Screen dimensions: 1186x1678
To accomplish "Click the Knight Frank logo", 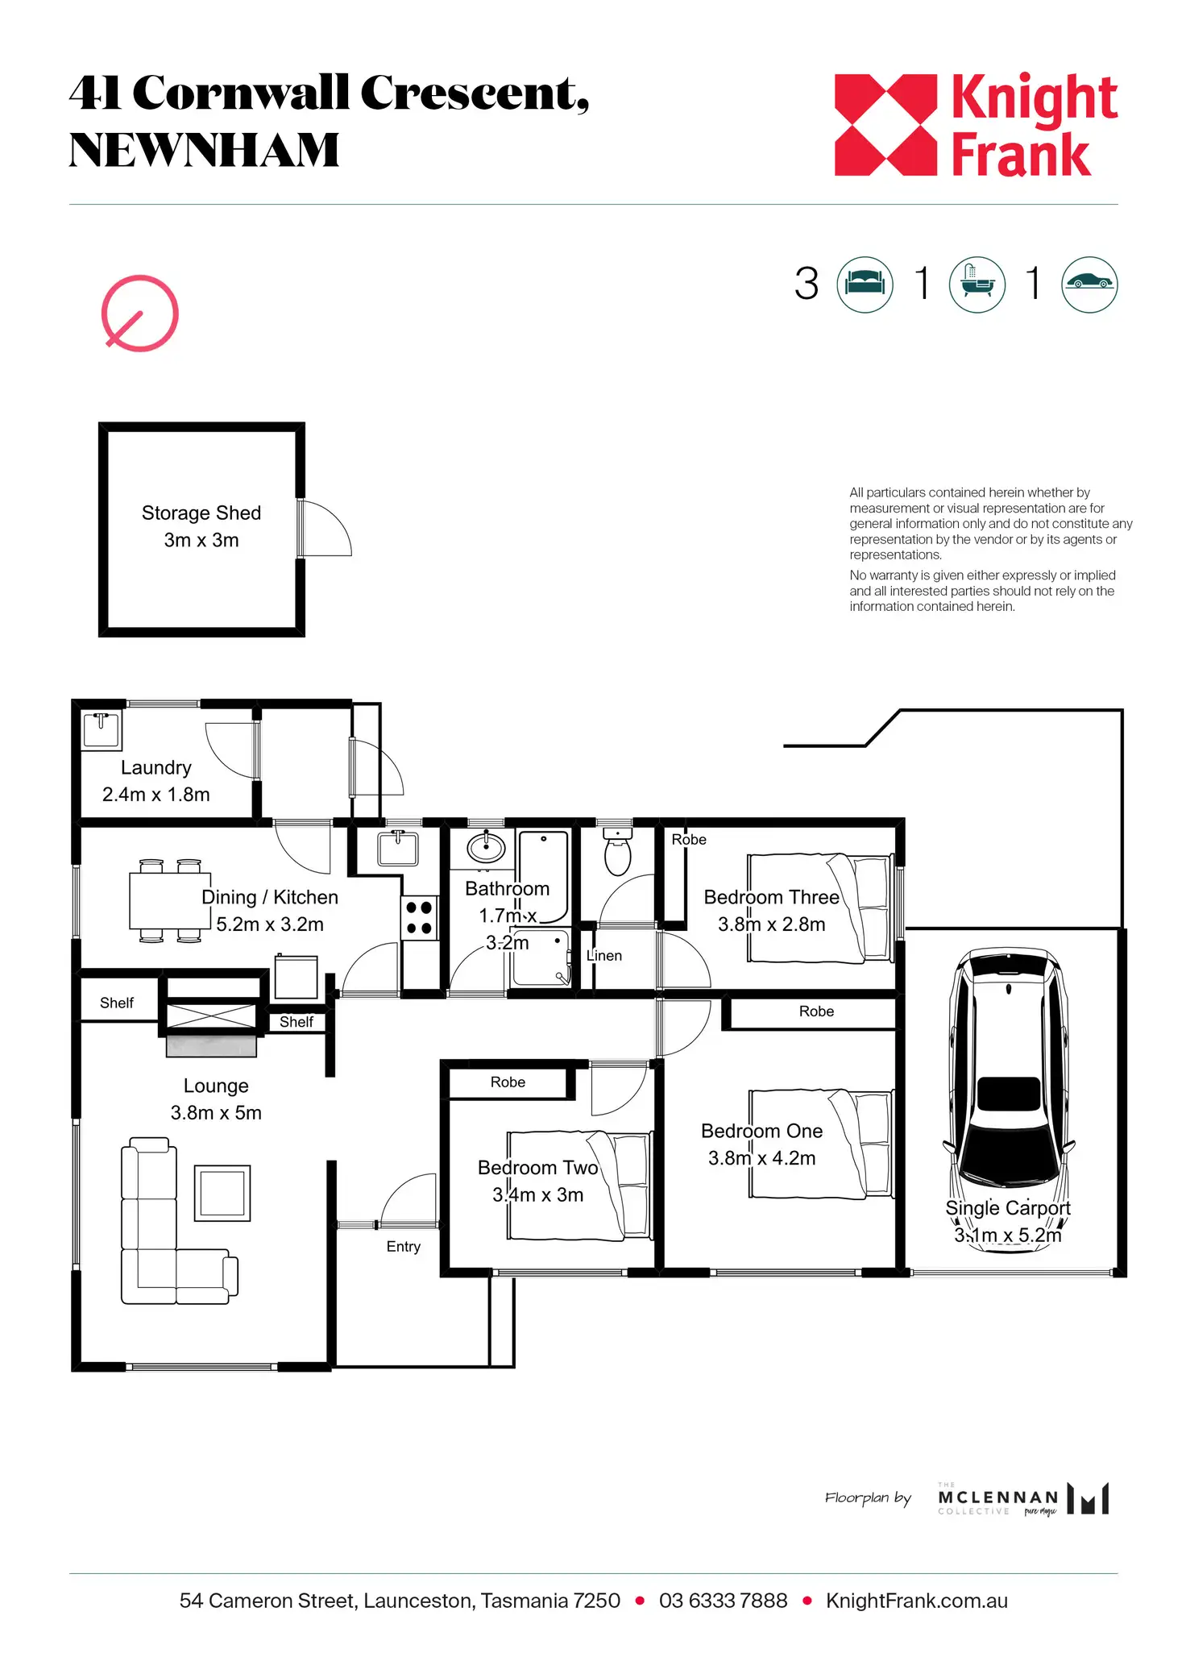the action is (976, 125).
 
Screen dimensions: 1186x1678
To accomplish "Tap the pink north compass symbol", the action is (139, 314).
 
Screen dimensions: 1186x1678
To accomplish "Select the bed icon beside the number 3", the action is (865, 285).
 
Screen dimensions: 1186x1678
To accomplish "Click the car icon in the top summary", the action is (1089, 285).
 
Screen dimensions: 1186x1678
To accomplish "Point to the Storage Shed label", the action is (201, 513).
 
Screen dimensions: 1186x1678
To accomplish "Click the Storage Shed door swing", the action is (326, 528).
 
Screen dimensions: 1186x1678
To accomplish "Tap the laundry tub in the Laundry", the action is (102, 730).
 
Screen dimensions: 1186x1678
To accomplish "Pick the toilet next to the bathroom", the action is (618, 851).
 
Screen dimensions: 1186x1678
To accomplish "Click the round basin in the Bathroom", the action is (486, 846).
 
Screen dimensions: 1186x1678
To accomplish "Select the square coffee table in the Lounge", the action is (222, 1193).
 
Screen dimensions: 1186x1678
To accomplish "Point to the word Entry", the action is (404, 1247).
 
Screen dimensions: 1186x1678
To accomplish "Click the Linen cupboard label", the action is (604, 956).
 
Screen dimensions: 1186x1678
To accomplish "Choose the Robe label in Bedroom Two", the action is (508, 1082).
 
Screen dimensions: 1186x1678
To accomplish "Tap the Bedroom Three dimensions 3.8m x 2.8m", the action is (772, 924).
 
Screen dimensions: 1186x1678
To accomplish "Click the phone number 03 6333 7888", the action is (723, 1601).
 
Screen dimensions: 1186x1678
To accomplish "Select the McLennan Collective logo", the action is (1023, 1498).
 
